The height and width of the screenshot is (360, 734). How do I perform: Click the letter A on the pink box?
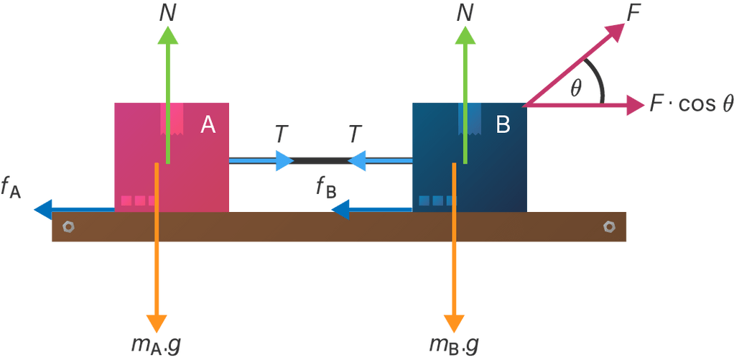point(208,125)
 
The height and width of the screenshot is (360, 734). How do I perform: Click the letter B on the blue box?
point(503,125)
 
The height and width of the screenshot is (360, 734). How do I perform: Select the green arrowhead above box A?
point(168,36)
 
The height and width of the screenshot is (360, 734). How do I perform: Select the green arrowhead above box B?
point(465,36)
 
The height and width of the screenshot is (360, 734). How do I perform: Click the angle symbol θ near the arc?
point(576,88)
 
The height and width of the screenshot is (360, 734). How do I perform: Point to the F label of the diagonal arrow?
point(633,12)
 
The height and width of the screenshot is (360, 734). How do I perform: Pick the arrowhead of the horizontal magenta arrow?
point(634,105)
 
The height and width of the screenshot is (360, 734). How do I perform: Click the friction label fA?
point(11,189)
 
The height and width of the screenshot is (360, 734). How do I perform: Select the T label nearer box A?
point(282,134)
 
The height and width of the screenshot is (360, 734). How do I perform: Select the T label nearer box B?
point(355,134)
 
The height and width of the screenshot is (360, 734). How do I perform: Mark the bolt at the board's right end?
point(609,226)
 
